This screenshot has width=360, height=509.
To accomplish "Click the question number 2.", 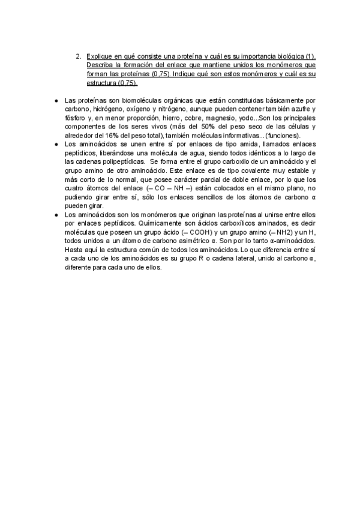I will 78,56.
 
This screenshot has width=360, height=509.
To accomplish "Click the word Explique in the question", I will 99,56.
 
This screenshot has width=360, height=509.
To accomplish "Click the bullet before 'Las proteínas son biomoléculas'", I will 55,100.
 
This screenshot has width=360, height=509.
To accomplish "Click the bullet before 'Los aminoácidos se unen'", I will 55,145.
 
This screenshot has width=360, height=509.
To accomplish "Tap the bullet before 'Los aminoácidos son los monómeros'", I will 55,215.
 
